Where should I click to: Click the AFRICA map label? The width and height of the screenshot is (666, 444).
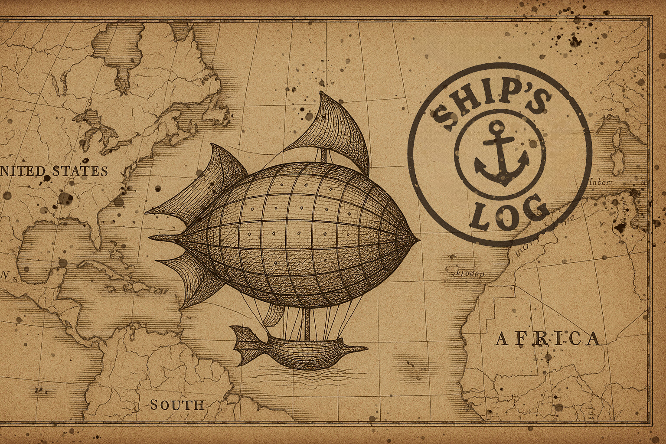click(x=548, y=338)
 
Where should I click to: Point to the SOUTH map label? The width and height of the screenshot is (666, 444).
click(x=177, y=405)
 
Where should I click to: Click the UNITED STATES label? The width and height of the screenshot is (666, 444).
click(x=54, y=171)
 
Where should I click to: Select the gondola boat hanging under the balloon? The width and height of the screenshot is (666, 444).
click(x=304, y=351)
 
